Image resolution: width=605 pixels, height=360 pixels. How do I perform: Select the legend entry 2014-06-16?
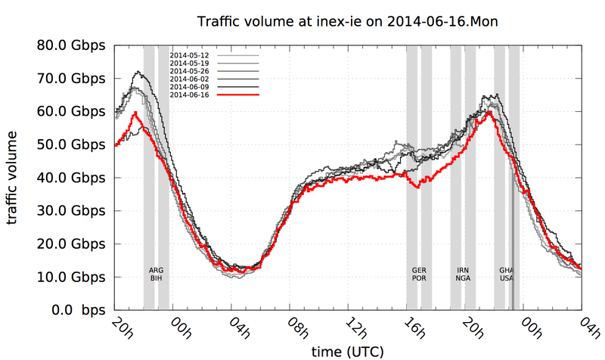coord(189,95)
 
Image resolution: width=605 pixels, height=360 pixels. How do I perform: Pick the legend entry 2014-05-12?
coord(189,55)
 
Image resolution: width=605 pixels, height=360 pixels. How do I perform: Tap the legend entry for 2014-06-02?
coord(189,79)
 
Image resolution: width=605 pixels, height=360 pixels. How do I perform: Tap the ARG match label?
coord(156,270)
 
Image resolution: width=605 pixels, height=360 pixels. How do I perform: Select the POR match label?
coord(418,278)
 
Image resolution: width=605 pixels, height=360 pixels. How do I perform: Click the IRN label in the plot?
coord(463,270)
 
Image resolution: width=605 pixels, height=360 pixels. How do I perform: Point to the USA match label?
coord(507,278)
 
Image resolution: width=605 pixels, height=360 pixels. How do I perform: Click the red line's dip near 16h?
coord(417,186)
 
